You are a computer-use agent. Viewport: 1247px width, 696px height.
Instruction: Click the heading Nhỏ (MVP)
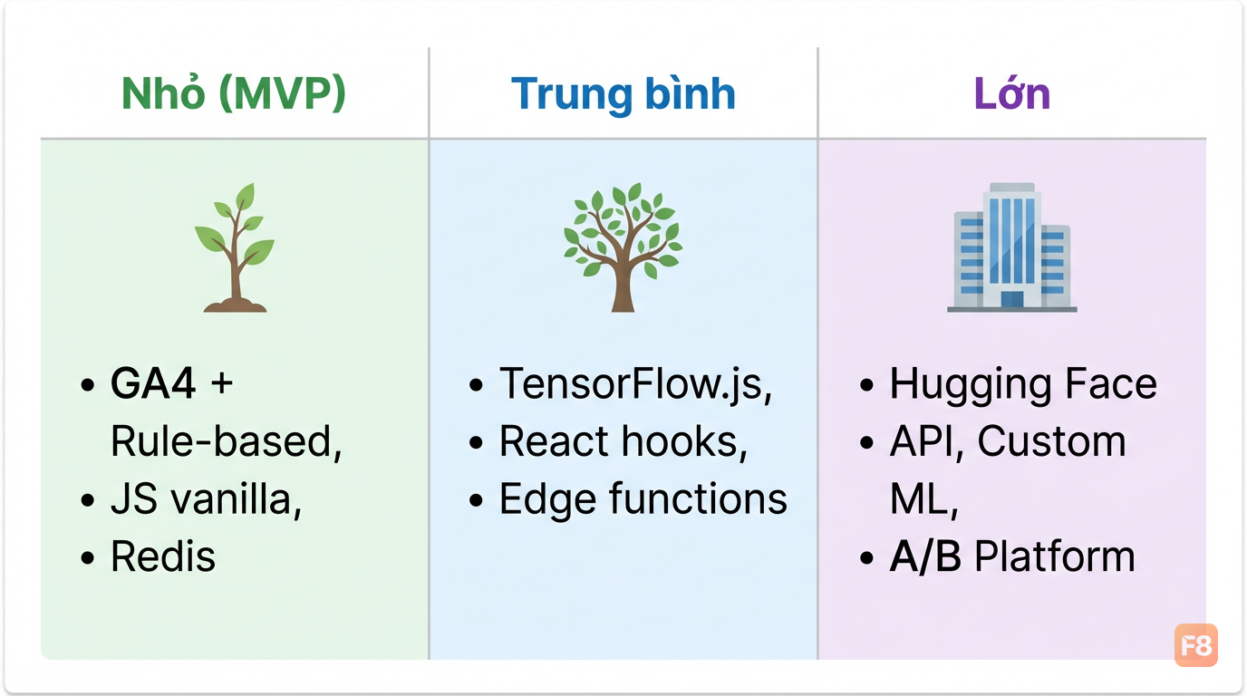point(234,93)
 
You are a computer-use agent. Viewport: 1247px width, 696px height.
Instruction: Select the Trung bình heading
point(623,94)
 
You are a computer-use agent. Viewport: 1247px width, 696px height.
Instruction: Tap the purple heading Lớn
point(1012,93)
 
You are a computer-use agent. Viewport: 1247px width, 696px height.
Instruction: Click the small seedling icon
point(235,247)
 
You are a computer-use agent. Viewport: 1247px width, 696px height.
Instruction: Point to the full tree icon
point(623,247)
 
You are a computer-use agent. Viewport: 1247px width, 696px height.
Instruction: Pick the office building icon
point(1012,247)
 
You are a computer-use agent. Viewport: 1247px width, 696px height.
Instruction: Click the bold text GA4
point(153,383)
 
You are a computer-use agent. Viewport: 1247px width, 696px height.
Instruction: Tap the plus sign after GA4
point(221,384)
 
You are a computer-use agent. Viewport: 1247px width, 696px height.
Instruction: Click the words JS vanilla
point(206,499)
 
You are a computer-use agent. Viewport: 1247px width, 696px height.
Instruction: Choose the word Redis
point(162,556)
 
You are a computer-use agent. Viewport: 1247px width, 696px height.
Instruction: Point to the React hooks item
point(623,441)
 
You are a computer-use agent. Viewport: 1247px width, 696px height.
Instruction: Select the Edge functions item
point(643,499)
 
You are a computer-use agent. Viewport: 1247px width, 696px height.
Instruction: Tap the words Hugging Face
point(1023,384)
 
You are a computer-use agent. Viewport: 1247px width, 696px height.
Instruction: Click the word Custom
point(1051,441)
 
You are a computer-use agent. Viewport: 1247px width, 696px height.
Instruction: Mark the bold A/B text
point(925,556)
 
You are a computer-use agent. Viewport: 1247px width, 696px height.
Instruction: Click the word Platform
point(1054,556)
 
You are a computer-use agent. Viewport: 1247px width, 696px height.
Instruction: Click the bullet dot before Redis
point(87,557)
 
